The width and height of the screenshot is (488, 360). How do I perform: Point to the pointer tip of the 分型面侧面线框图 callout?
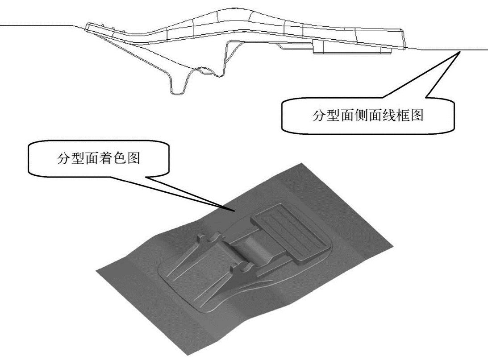coord(460,52)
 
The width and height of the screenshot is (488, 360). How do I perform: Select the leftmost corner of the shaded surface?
coord(96,270)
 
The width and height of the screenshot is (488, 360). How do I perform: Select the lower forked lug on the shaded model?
coord(241,269)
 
